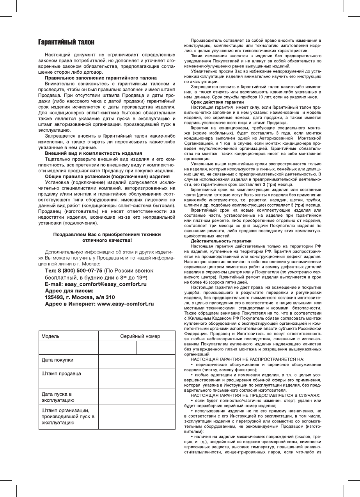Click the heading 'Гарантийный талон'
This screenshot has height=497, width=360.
[66, 41]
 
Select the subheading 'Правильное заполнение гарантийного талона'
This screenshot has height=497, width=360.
[101, 78]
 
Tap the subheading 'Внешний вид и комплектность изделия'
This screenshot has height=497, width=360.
[94, 153]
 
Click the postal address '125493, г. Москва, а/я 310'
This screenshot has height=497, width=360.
[80, 297]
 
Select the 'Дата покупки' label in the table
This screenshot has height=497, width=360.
[57, 360]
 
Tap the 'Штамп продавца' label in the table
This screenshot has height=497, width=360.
[61, 373]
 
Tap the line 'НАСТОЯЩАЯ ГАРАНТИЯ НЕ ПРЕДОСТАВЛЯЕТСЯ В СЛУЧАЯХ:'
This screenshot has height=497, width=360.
[255, 395]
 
